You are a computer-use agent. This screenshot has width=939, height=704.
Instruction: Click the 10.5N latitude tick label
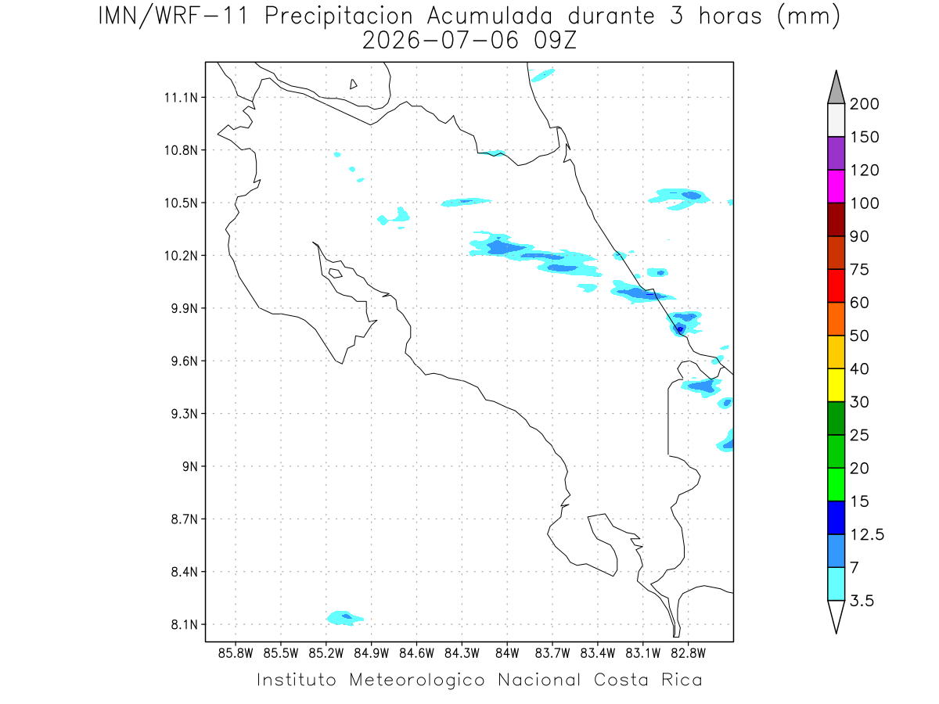[181, 203]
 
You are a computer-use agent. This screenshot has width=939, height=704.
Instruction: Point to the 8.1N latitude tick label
[185, 625]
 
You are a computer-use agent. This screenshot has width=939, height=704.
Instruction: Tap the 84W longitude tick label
[507, 654]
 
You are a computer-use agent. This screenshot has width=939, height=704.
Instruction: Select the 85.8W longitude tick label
[236, 654]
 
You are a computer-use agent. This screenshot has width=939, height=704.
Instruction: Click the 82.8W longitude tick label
[688, 654]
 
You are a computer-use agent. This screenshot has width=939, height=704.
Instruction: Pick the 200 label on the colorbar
[864, 104]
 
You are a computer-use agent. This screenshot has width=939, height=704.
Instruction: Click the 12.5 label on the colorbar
[867, 534]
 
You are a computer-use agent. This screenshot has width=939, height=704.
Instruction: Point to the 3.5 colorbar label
[862, 601]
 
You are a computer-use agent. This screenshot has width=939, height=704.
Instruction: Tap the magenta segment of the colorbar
[836, 186]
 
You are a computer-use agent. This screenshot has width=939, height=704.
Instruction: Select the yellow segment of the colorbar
[836, 385]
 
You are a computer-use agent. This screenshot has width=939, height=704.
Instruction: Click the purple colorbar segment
[836, 153]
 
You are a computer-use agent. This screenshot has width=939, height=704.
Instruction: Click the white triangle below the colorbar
[836, 616]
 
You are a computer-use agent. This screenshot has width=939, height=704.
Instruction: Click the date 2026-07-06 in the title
[441, 41]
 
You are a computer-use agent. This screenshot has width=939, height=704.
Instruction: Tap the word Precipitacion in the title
[339, 17]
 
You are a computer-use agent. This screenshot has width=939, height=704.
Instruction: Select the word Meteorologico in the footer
[417, 680]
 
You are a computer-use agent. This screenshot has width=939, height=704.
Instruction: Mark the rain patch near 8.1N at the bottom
[345, 618]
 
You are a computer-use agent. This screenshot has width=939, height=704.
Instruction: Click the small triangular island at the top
[353, 84]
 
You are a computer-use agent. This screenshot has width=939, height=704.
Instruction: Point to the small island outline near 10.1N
[336, 273]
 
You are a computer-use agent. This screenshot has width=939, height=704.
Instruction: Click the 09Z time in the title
[555, 41]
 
